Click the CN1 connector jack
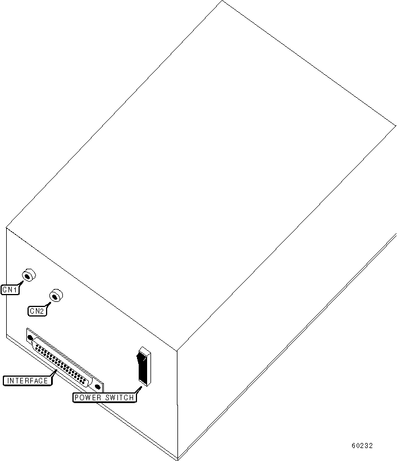[x=28, y=275]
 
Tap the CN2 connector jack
[x=55, y=296]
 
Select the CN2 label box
[x=36, y=311]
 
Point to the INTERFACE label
[x=27, y=381]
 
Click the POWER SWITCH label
[x=104, y=397]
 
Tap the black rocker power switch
[x=144, y=367]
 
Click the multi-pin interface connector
[x=63, y=360]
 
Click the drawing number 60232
[x=362, y=446]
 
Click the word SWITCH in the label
[x=119, y=397]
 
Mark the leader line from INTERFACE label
[x=54, y=373]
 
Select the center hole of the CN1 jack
[x=26, y=274]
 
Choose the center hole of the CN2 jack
[x=54, y=295]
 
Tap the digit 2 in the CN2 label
[x=42, y=311]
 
